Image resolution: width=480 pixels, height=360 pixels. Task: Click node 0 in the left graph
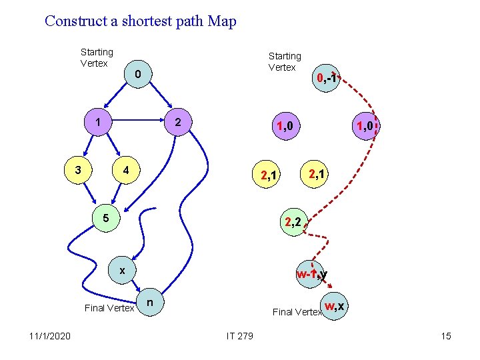[x=137, y=75]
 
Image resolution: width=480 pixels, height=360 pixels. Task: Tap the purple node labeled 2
[x=177, y=123]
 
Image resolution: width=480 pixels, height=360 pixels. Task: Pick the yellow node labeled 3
[x=78, y=169]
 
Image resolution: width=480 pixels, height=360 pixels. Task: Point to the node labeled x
[x=122, y=271]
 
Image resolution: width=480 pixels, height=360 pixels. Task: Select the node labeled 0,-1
[x=327, y=80]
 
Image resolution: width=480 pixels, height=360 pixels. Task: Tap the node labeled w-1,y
[x=311, y=274]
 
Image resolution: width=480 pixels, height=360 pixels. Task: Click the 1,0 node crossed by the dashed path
[x=367, y=125]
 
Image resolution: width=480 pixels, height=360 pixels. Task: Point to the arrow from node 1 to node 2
[x=137, y=123]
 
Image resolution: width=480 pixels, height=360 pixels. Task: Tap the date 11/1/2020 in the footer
[x=52, y=335]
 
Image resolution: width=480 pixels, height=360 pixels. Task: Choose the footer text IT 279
[x=239, y=335]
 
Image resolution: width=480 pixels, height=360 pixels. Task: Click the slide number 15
[x=445, y=335]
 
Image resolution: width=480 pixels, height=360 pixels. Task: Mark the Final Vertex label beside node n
[x=109, y=307]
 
